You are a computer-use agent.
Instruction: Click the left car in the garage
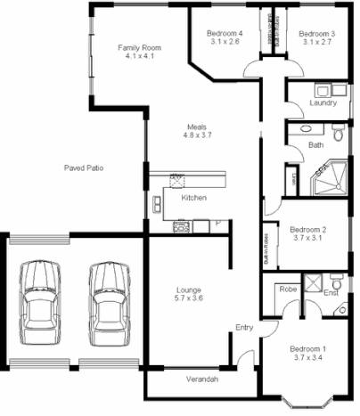pyautogui.click(x=39, y=300)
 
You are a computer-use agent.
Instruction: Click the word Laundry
pyautogui.click(x=322, y=103)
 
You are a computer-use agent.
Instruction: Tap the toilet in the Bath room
pyautogui.click(x=337, y=133)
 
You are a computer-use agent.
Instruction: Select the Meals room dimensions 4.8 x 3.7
pyautogui.click(x=198, y=136)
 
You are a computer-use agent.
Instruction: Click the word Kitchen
pyautogui.click(x=194, y=198)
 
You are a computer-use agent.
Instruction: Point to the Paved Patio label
pyautogui.click(x=86, y=167)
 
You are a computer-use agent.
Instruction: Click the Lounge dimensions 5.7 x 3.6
pyautogui.click(x=188, y=300)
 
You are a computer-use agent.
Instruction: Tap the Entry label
pyautogui.click(x=243, y=328)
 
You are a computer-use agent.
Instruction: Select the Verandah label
pyautogui.click(x=200, y=379)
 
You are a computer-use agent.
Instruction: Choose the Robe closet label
pyautogui.click(x=287, y=290)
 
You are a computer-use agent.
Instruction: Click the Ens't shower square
pyautogui.click(x=314, y=283)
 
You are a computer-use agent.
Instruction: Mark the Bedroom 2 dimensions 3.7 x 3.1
pyautogui.click(x=308, y=239)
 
